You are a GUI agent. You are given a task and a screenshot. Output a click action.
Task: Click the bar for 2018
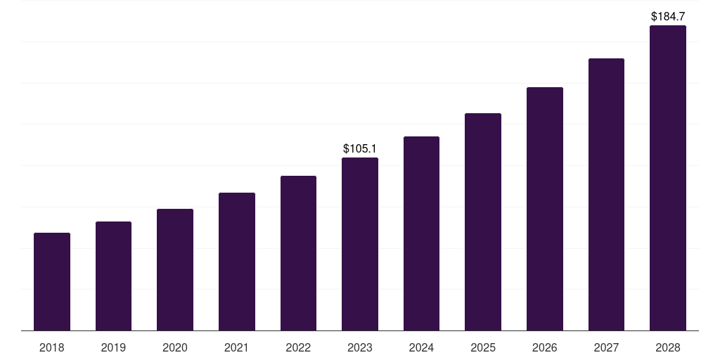click(x=52, y=281)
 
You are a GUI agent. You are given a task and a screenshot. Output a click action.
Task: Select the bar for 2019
click(x=113, y=276)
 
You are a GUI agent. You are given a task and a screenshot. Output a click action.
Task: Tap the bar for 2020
click(x=175, y=269)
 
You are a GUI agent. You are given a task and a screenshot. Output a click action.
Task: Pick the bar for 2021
click(x=237, y=262)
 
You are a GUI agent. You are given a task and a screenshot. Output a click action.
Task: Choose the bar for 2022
click(x=298, y=253)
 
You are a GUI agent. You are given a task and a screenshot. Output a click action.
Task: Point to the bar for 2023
click(x=360, y=244)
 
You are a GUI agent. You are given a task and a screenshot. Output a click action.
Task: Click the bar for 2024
click(x=421, y=233)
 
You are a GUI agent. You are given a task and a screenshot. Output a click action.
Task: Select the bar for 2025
click(x=483, y=221)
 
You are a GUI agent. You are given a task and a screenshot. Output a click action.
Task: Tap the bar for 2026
click(x=545, y=209)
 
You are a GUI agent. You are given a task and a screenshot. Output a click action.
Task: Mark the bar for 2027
click(x=606, y=194)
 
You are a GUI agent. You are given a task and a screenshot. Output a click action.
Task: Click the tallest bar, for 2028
click(x=668, y=178)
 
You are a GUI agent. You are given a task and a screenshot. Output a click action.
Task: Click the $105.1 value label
click(x=360, y=148)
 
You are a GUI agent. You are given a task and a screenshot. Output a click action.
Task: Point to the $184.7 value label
click(x=668, y=15)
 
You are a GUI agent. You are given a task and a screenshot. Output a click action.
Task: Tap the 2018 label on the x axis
click(x=52, y=347)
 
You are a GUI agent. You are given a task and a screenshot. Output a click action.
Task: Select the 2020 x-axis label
click(x=175, y=347)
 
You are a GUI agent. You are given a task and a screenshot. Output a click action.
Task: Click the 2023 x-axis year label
click(x=360, y=347)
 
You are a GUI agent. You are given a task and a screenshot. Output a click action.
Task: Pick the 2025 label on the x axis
click(x=483, y=347)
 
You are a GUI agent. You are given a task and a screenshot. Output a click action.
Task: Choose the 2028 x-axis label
click(x=668, y=347)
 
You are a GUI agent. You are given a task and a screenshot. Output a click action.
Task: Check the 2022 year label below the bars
click(x=298, y=347)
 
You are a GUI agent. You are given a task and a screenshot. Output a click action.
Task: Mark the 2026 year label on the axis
click(x=545, y=347)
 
